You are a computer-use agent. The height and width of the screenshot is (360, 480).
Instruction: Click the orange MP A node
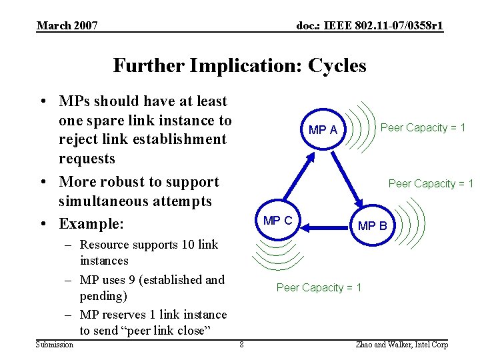pyautogui.click(x=323, y=130)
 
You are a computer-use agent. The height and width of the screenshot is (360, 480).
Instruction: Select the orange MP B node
pyautogui.click(x=372, y=225)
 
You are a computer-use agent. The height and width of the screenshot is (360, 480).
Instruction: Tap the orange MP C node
pyautogui.click(x=277, y=221)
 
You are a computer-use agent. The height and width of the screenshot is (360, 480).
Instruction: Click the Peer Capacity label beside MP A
pyautogui.click(x=423, y=127)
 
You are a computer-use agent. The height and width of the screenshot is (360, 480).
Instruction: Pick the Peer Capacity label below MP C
pyautogui.click(x=319, y=287)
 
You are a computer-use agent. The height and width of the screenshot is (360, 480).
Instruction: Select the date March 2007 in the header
pyautogui.click(x=67, y=26)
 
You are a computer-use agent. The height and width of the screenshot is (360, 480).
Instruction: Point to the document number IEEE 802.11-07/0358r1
pyautogui.click(x=369, y=26)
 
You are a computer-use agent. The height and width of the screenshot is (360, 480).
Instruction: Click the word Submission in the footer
pyautogui.click(x=55, y=345)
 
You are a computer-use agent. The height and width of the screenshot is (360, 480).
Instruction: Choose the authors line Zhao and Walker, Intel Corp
pyautogui.click(x=403, y=345)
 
